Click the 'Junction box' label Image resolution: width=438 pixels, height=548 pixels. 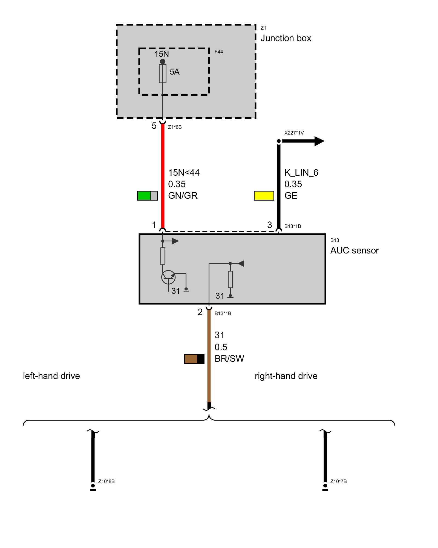pyautogui.click(x=286, y=38)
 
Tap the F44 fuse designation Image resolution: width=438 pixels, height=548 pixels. pyautogui.click(x=218, y=52)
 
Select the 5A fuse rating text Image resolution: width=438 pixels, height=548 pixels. pyautogui.click(x=174, y=72)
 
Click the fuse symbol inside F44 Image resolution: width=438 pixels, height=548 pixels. pyautogui.click(x=163, y=74)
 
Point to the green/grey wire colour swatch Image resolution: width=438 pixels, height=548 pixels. pyautogui.click(x=147, y=196)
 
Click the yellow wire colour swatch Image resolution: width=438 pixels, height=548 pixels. pyautogui.click(x=264, y=196)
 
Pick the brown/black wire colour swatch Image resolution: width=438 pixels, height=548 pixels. pyautogui.click(x=194, y=359)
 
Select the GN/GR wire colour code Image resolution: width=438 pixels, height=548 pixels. pyautogui.click(x=183, y=196)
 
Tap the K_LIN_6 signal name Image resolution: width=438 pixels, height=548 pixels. pyautogui.click(x=301, y=173)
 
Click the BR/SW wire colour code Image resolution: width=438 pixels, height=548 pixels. pyautogui.click(x=229, y=359)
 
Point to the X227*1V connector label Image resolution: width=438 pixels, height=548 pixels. pyautogui.click(x=294, y=133)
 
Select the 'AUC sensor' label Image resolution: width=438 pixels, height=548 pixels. pyautogui.click(x=355, y=250)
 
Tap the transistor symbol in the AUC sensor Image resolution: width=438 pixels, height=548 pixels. pyautogui.click(x=168, y=277)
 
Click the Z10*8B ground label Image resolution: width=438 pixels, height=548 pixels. pyautogui.click(x=106, y=481)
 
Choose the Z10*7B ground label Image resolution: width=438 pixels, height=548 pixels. pyautogui.click(x=338, y=481)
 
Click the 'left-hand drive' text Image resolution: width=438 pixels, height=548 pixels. pyautogui.click(x=51, y=376)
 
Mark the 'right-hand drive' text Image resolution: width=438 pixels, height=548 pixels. pyautogui.click(x=286, y=376)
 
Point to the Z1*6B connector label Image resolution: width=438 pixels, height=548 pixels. pyautogui.click(x=175, y=127)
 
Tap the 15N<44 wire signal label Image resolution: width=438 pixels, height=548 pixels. pyautogui.click(x=184, y=173)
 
